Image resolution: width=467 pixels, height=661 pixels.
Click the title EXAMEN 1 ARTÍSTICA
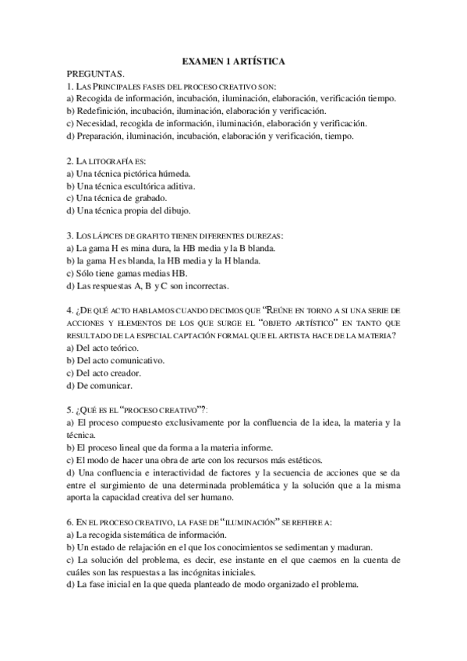pos(233,60)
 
